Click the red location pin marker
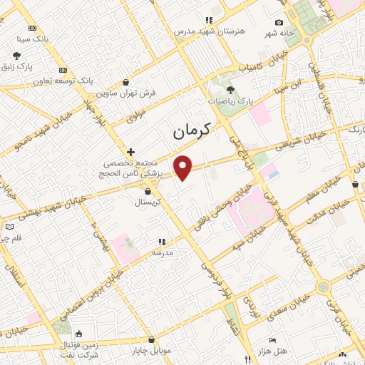(183, 167)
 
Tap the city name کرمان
(192, 131)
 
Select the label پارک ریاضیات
(230, 101)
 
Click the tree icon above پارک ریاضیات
(230, 89)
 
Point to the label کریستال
(148, 202)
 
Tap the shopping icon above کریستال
(148, 191)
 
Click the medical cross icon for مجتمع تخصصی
(130, 152)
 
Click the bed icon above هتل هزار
(271, 340)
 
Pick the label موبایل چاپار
(151, 351)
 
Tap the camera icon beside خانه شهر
(279, 23)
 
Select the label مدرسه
(163, 252)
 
